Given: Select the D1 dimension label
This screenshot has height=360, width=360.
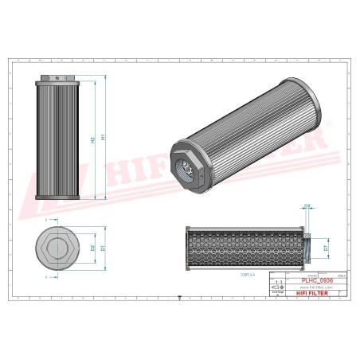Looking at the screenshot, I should pyautogui.click(x=103, y=248).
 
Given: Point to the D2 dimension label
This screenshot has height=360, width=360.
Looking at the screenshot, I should pyautogui.click(x=92, y=248).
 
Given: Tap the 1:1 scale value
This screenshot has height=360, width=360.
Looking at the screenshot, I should pyautogui.click(x=276, y=282).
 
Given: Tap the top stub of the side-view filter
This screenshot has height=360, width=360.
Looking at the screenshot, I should pyautogui.click(x=58, y=77).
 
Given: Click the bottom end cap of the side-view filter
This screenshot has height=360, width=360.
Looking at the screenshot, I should pyautogui.click(x=58, y=198).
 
